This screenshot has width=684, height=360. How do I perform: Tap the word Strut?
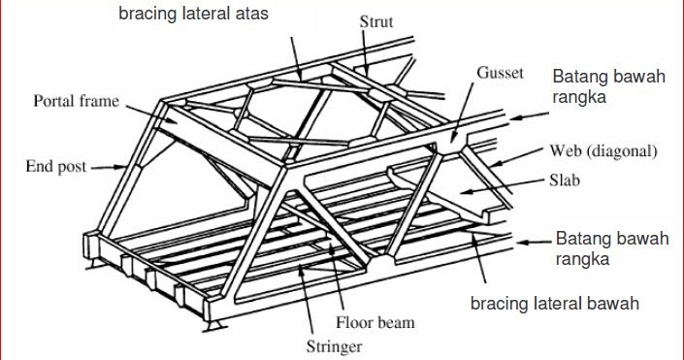(x=376, y=22)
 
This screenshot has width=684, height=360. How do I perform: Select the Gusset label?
(x=501, y=74)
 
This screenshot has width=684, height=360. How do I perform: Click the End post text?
(x=56, y=166)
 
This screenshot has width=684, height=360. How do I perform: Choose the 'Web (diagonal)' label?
(x=603, y=151)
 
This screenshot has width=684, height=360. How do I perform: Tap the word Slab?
(x=565, y=181)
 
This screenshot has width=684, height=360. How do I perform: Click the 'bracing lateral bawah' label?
(x=554, y=304)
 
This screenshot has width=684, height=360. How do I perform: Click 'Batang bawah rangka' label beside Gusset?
(x=608, y=87)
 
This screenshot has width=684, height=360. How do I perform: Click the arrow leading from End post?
(x=106, y=167)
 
